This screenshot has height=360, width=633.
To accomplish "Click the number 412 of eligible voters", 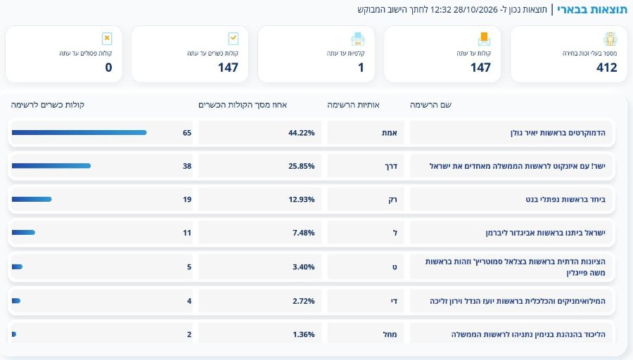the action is tap(607, 67).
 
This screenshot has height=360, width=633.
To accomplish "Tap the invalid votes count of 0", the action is tap(108, 67).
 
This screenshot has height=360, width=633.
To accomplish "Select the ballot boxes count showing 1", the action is tap(361, 67).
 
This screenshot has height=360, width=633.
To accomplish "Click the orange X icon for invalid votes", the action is tap(107, 39).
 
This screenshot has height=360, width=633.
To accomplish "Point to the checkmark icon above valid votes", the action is tap(234, 39).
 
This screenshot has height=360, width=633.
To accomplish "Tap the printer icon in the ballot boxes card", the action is tap(358, 39).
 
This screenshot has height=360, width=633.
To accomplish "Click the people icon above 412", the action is tap(610, 39).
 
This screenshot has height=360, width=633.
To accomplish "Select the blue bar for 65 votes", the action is tap(79, 132).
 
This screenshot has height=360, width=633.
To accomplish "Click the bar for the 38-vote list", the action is tap(51, 166).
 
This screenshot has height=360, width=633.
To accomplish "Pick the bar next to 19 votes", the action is tap(32, 200).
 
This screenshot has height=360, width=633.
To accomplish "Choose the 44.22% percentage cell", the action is tap(302, 133).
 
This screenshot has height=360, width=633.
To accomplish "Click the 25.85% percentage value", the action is tap(302, 166).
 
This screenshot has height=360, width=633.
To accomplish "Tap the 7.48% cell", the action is tap(304, 233).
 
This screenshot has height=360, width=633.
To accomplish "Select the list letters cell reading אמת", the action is tap(390, 133).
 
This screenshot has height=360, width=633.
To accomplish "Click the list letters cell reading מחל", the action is tap(390, 334).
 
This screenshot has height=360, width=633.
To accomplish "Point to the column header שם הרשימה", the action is tap(430, 105).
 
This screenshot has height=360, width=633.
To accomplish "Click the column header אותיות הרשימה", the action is tap(353, 105).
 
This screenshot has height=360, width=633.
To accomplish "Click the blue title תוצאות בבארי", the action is tap(592, 9).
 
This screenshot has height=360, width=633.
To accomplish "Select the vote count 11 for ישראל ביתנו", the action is tap(187, 233).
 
